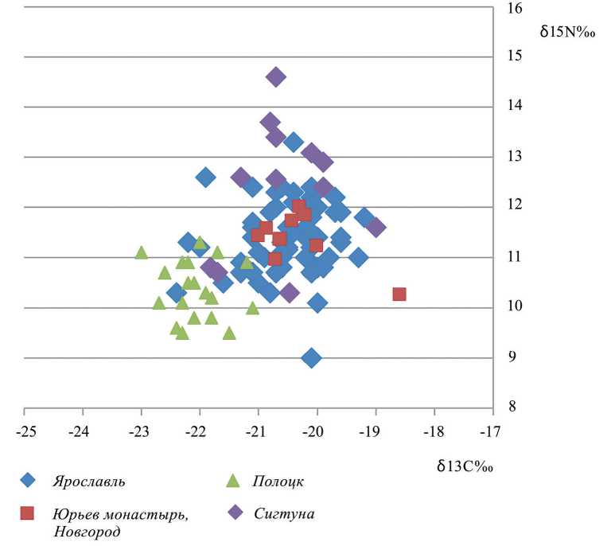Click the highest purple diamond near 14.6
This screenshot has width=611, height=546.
point(275,77)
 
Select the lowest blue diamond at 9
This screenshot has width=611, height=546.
point(311,358)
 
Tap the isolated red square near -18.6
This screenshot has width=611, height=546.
point(399,294)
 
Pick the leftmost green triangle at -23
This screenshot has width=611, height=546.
point(141,252)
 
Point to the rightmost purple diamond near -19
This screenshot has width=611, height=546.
point(376,228)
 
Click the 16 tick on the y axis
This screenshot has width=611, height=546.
point(514,8)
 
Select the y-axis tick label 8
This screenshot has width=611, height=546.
point(513,408)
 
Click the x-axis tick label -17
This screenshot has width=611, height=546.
point(492,432)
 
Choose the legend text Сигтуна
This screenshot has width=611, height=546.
point(284,513)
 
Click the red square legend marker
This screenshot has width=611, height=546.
point(29,513)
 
